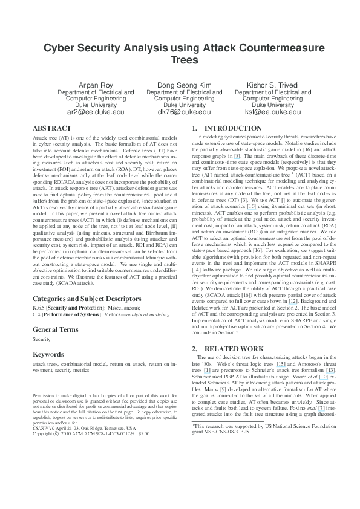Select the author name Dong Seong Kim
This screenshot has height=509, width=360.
point(180,84)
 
